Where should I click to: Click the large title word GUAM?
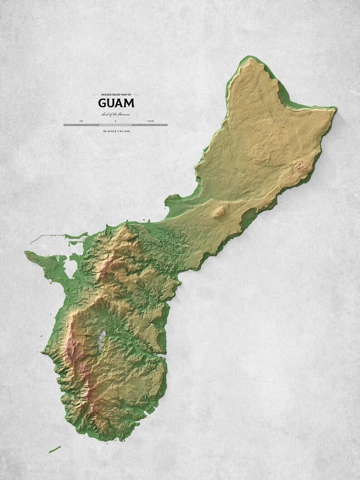116,103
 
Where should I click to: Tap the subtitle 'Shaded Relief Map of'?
116,94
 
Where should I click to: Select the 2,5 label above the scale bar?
81,121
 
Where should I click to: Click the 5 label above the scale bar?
116,121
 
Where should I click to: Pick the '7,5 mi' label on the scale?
150,121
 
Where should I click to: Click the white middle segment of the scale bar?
116,125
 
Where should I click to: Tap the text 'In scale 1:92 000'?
116,131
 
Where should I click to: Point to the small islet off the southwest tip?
55,449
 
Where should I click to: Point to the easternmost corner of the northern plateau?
336,109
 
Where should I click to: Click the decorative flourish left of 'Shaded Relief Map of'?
96,94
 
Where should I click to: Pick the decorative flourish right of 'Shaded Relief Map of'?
136,94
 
